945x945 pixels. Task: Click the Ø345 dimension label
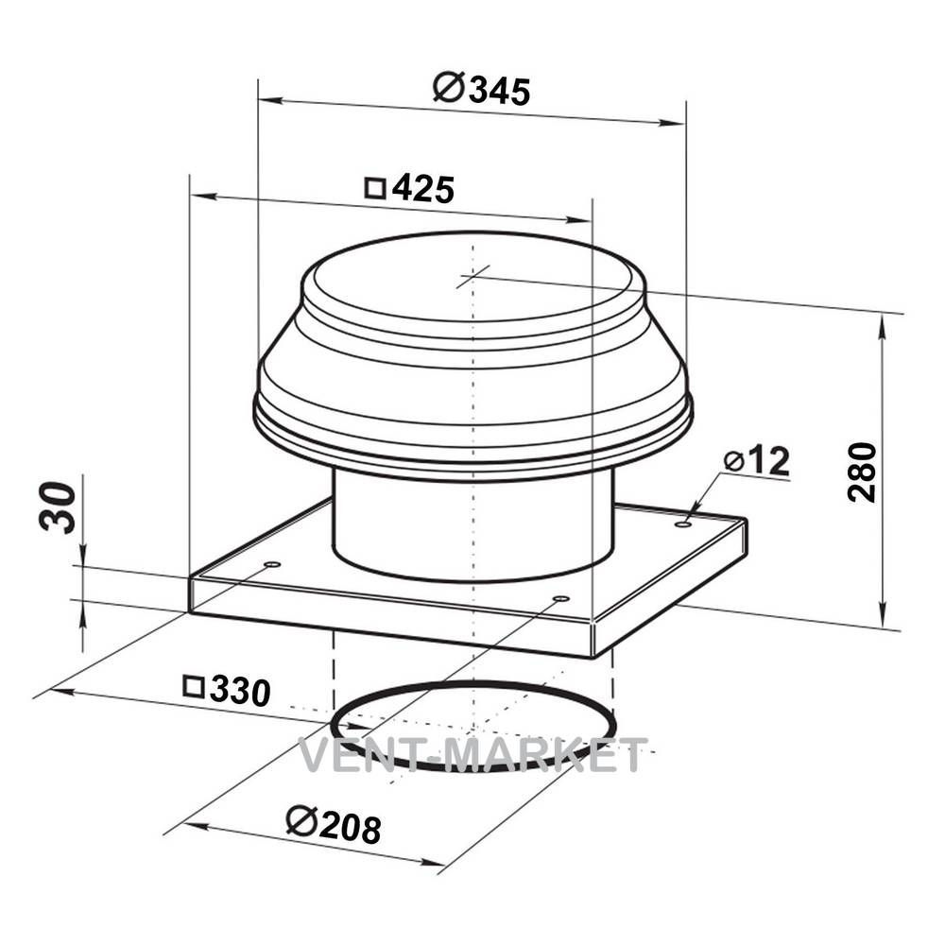[x=482, y=90]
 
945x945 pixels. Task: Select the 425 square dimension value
[x=423, y=189]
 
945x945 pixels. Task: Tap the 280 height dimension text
[x=862, y=472]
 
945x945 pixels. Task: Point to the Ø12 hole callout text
[x=756, y=462]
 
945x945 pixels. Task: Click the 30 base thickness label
[x=59, y=507]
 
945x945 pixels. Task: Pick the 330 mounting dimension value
[x=240, y=691]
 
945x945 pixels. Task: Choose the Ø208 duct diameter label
[x=334, y=825]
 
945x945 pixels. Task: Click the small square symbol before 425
[x=375, y=188]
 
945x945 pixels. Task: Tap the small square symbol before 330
[x=194, y=687]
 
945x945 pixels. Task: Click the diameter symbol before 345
[x=448, y=87]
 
